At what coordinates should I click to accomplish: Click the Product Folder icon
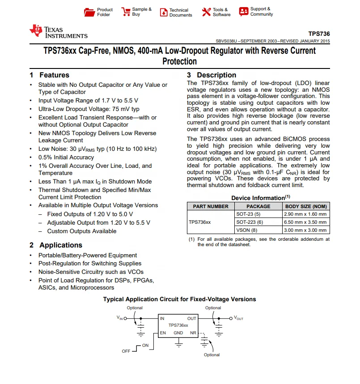[90, 12]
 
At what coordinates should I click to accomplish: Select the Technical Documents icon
[163, 12]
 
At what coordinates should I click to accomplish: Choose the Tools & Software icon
[206, 12]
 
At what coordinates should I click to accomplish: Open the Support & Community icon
[244, 12]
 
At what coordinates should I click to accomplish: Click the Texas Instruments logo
[59, 32]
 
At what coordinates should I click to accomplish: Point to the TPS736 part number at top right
[319, 34]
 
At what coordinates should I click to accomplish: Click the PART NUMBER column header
[211, 206]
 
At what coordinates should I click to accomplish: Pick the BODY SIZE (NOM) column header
[306, 206]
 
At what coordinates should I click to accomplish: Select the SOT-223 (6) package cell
[250, 222]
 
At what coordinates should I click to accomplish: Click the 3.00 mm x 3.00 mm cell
[306, 230]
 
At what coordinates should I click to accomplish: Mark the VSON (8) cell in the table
[247, 230]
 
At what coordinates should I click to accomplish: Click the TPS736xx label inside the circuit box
[178, 325]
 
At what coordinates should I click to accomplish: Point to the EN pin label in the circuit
[163, 333]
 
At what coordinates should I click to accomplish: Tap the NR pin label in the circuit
[193, 333]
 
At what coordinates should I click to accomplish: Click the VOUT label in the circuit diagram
[238, 318]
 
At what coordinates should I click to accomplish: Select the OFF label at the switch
[126, 351]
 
